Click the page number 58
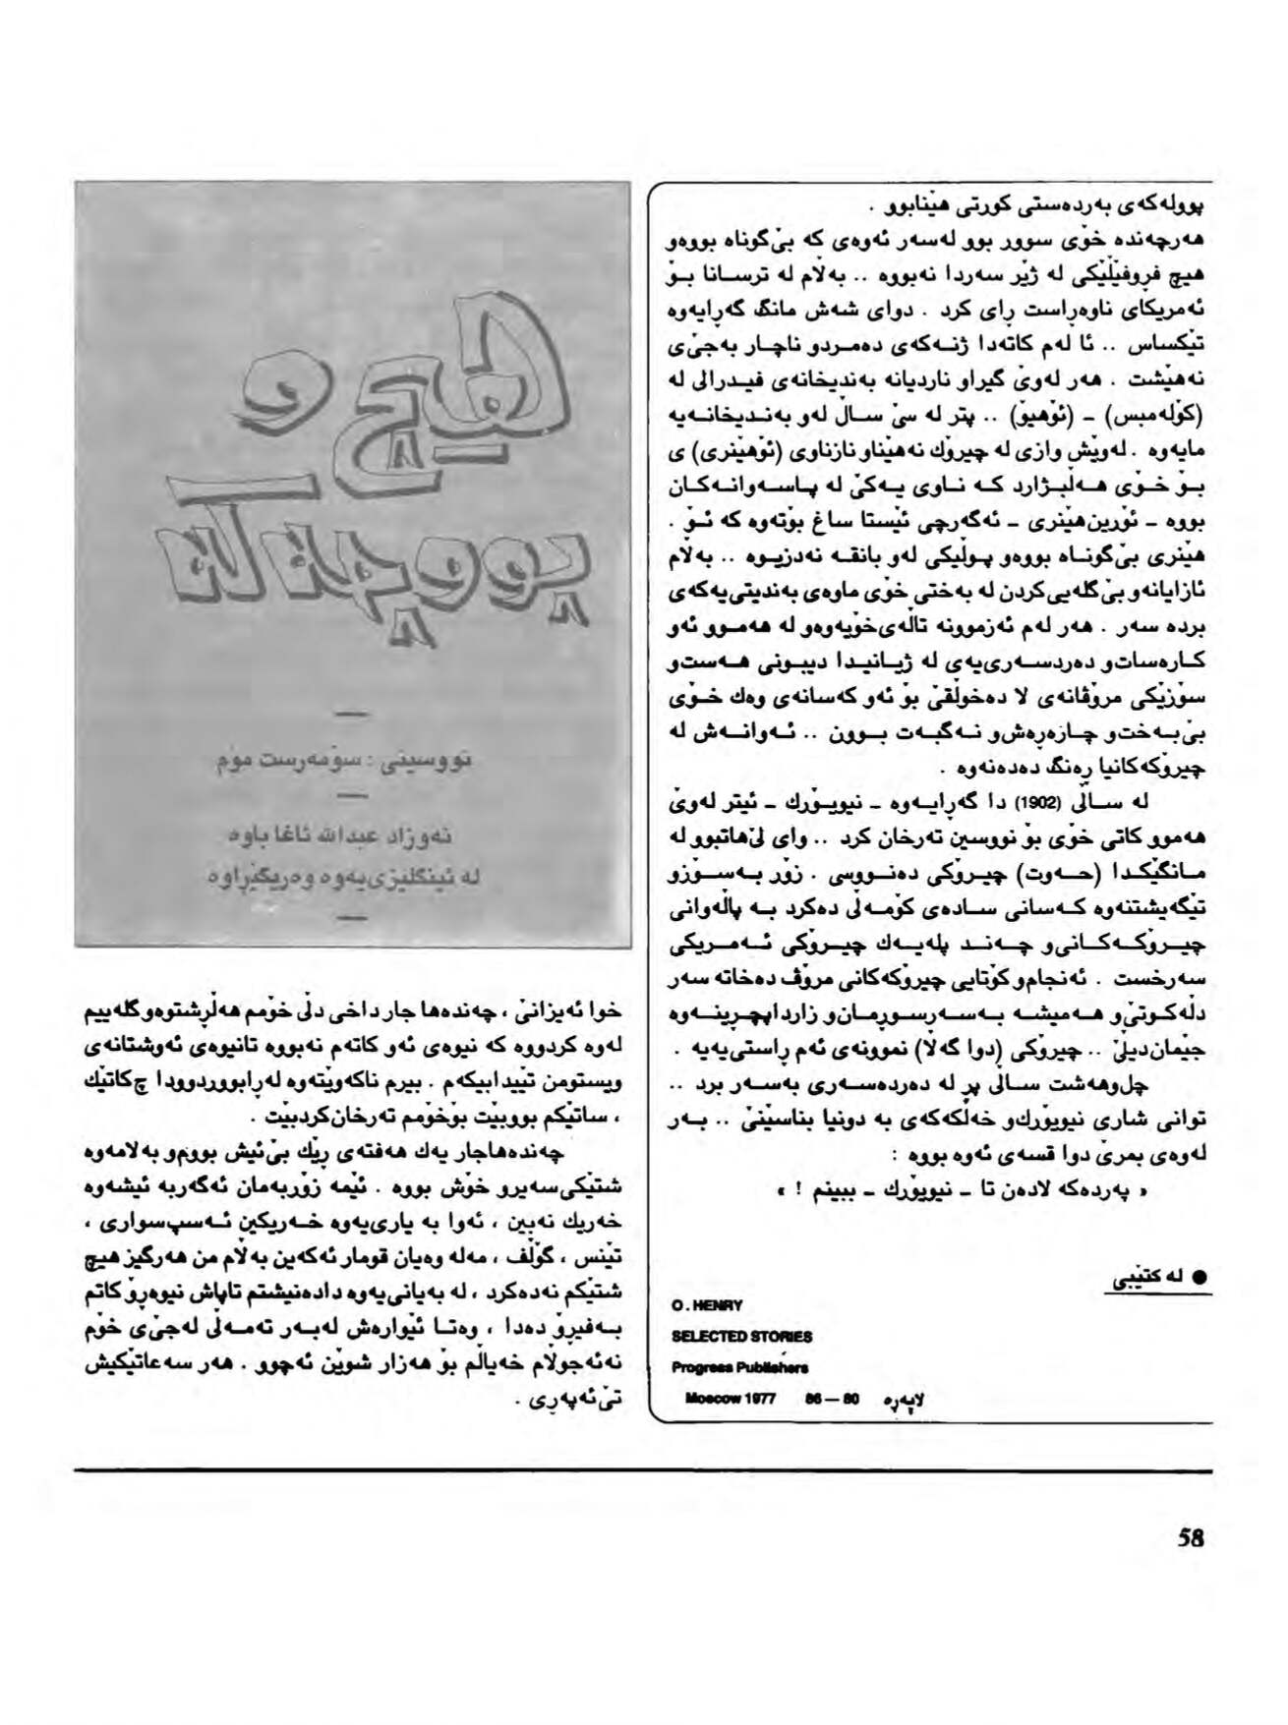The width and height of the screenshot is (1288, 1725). coord(1190,1565)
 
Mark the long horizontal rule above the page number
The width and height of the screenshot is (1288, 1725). coord(643,1470)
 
